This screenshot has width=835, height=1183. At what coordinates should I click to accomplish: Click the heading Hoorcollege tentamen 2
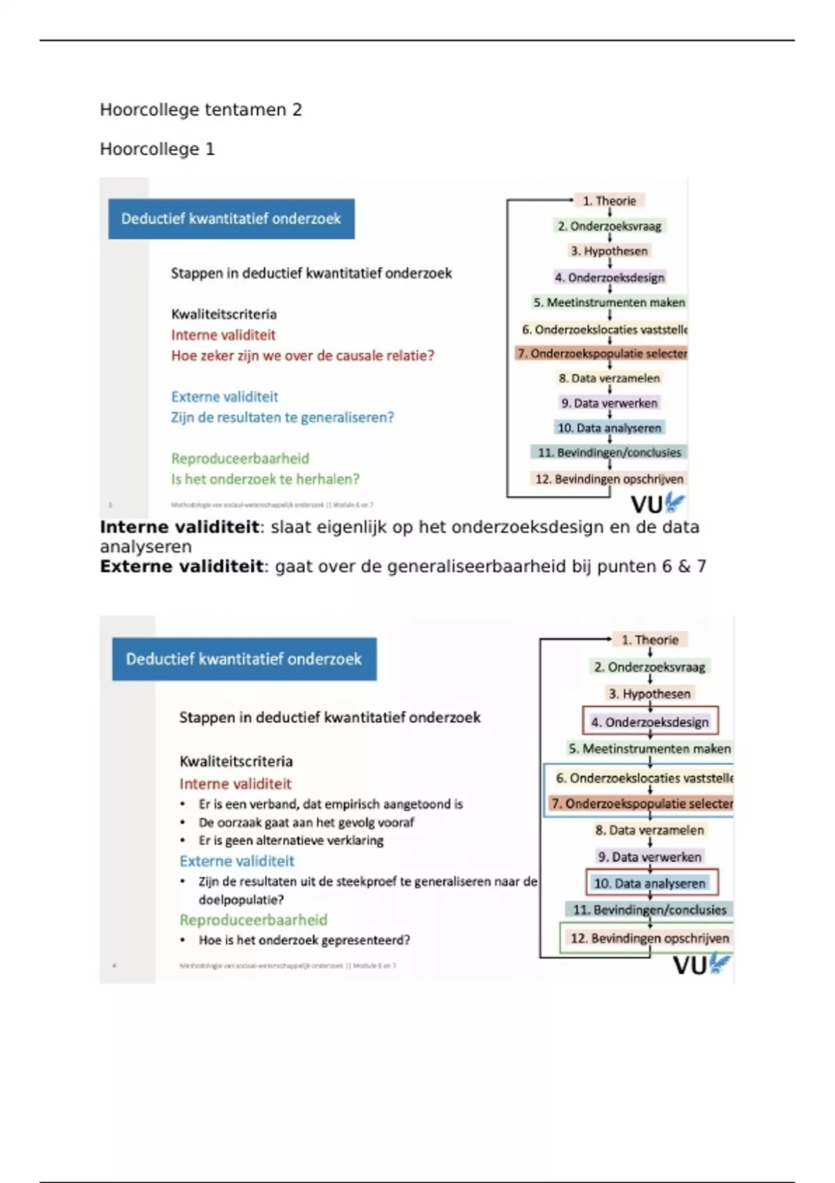click(200, 110)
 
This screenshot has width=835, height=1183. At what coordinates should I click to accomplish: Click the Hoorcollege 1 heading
click(157, 149)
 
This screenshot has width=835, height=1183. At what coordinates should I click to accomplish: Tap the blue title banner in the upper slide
click(231, 219)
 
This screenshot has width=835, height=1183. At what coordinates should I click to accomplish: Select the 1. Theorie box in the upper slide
click(609, 200)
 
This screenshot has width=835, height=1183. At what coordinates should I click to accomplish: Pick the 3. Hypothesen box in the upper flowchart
click(609, 251)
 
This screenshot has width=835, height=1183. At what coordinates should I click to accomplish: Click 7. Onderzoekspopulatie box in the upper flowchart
click(602, 354)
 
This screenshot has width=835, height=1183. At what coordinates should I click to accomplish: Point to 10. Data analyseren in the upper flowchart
click(609, 428)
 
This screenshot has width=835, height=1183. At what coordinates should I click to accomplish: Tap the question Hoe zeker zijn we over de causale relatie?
click(303, 356)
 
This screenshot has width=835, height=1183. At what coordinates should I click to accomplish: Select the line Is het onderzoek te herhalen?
click(265, 479)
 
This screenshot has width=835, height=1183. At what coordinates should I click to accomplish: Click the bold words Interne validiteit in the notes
click(180, 527)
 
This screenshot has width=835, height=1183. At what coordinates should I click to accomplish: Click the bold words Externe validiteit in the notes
click(182, 566)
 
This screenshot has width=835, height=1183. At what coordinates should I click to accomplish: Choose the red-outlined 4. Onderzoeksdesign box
click(650, 722)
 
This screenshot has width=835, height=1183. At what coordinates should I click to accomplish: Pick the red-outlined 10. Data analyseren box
click(650, 883)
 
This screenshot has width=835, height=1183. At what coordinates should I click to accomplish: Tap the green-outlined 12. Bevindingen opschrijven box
click(649, 938)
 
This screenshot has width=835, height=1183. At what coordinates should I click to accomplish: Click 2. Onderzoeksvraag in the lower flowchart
click(649, 667)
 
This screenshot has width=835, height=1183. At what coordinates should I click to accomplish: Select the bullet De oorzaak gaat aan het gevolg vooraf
click(306, 823)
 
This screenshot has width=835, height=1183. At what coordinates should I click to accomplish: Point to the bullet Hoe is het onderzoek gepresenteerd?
click(304, 940)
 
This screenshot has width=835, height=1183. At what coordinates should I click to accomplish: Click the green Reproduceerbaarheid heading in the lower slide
click(253, 920)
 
